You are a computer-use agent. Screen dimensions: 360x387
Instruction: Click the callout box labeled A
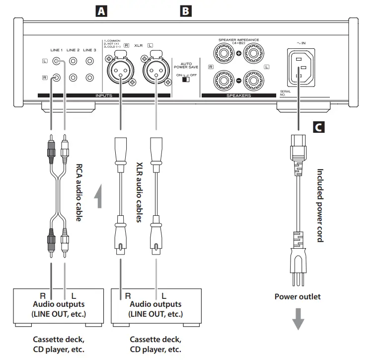102,10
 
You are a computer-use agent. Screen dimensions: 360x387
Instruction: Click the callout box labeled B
185,10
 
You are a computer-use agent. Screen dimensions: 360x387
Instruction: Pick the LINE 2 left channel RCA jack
74,62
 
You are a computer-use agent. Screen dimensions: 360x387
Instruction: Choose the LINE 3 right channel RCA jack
89,78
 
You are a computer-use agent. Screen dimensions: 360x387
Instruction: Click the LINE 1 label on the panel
56,50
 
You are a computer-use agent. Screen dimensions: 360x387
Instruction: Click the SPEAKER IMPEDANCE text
238,40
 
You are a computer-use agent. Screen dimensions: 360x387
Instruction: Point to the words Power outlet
298,297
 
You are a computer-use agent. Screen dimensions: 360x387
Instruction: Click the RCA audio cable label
79,193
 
